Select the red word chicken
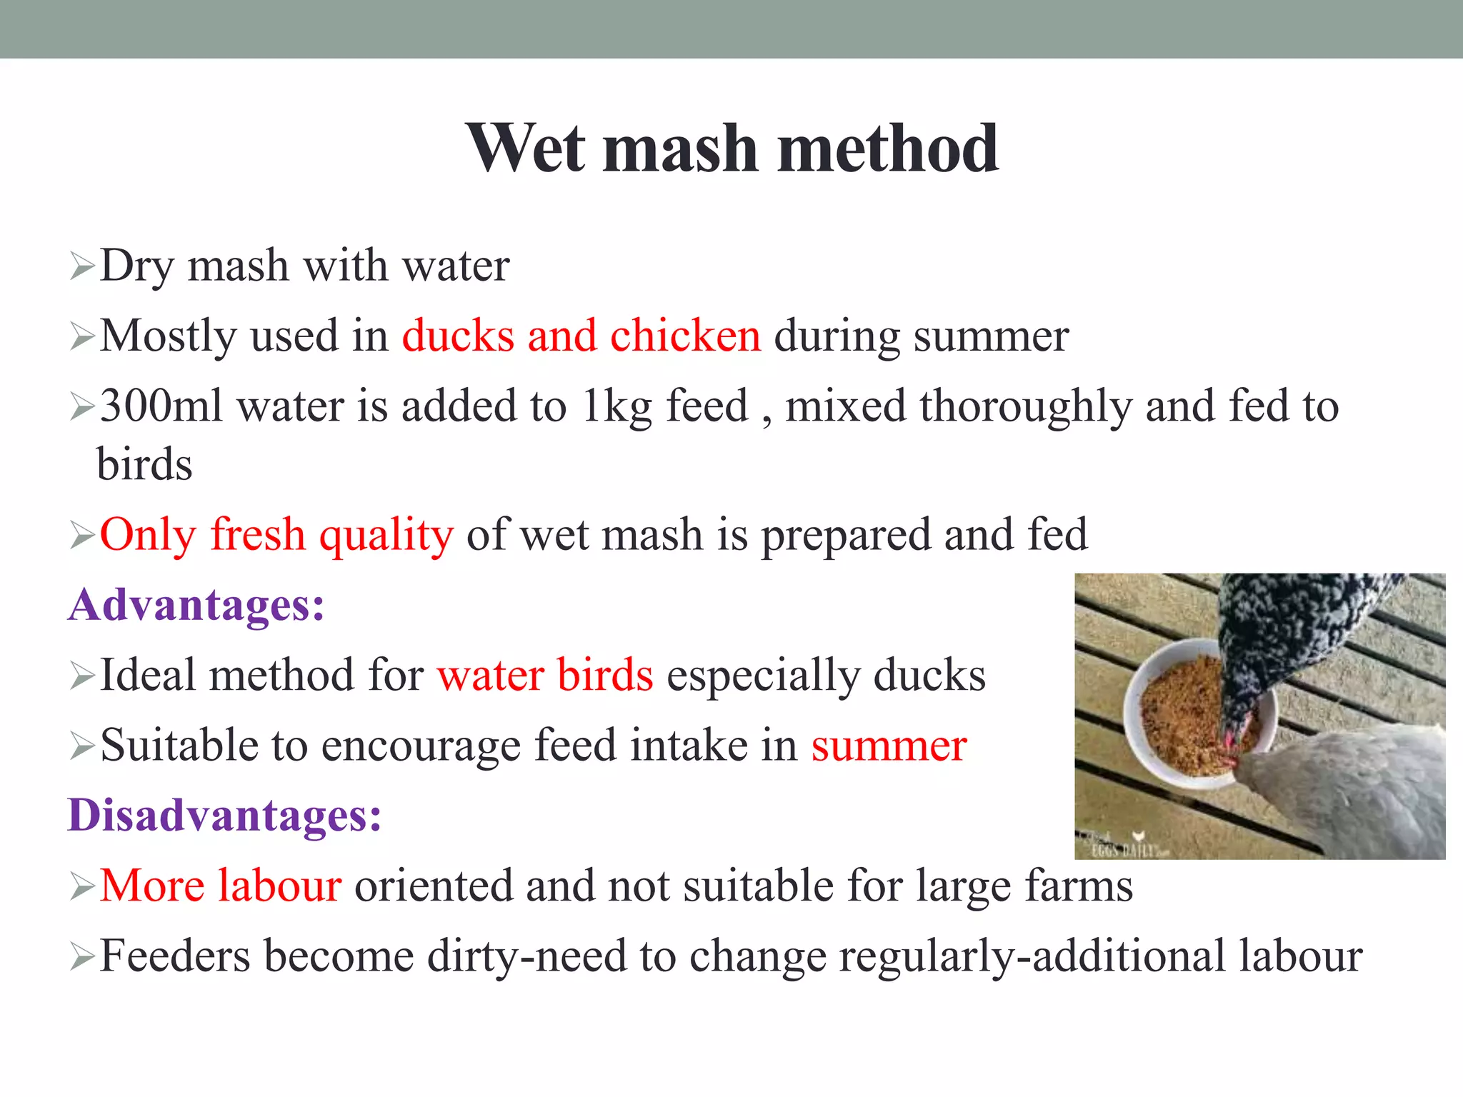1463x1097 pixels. tap(685, 336)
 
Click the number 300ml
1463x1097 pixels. tap(161, 406)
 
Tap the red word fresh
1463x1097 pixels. tap(258, 534)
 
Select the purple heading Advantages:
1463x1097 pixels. tap(196, 604)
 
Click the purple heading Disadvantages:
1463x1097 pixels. tap(224, 815)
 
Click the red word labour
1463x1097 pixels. tap(279, 886)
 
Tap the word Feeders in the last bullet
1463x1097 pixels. tap(175, 956)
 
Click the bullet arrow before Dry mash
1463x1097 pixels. tap(82, 267)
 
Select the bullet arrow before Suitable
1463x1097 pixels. tap(82, 747)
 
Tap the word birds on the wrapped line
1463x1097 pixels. tap(144, 464)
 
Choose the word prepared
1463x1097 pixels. tap(846, 536)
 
